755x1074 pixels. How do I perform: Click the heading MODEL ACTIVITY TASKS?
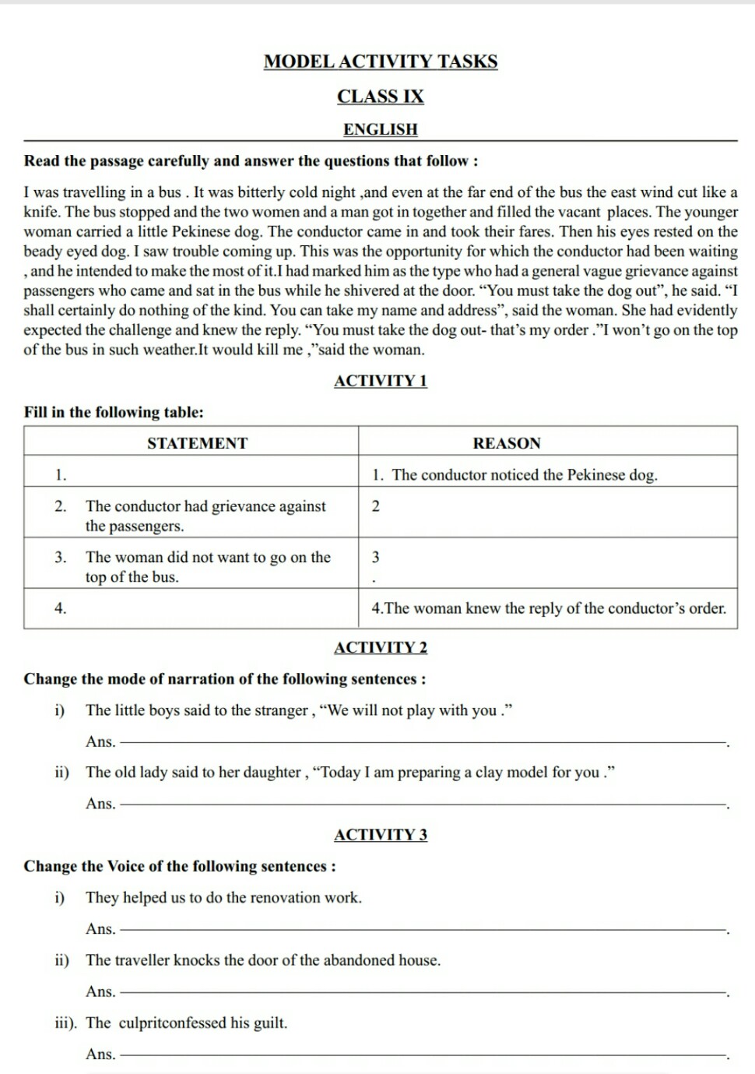(x=381, y=62)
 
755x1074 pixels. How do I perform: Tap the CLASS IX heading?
(x=381, y=97)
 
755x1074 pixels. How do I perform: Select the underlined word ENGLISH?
(x=381, y=129)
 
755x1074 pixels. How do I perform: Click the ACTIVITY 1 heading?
(x=381, y=381)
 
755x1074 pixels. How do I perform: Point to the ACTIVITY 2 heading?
(x=381, y=647)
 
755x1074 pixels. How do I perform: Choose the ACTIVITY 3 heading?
(x=381, y=835)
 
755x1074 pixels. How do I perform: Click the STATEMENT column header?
(x=197, y=443)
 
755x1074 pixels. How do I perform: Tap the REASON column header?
(x=507, y=443)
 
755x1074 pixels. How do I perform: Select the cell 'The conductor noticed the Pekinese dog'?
(x=524, y=475)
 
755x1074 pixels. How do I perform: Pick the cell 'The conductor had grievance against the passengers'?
(x=205, y=516)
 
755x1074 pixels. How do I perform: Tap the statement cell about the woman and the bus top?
(x=208, y=567)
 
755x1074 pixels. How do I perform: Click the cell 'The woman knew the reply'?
(x=548, y=608)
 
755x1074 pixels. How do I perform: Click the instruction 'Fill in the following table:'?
(x=114, y=412)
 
